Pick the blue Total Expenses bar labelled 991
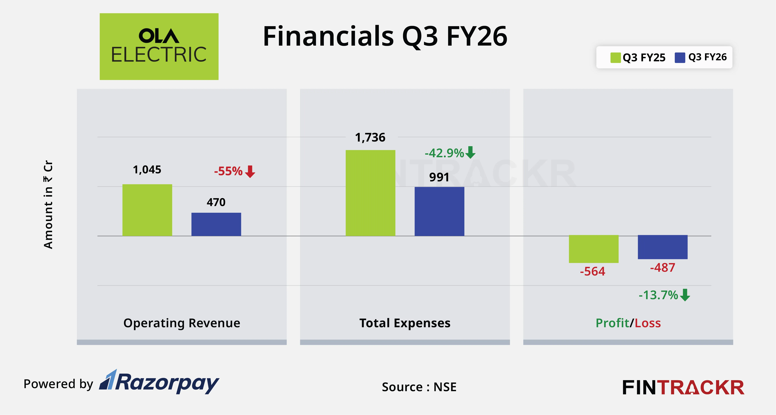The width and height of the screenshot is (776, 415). [x=439, y=211]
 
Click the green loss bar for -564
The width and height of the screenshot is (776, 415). [x=593, y=249]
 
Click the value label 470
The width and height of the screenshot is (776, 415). [x=216, y=202]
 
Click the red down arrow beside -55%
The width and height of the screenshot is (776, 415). [x=250, y=171]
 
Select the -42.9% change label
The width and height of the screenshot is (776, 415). [x=444, y=153]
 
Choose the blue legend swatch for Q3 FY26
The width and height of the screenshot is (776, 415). [x=680, y=58]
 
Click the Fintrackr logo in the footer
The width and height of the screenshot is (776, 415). [x=683, y=387]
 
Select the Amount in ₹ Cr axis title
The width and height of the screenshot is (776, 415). [x=48, y=205]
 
